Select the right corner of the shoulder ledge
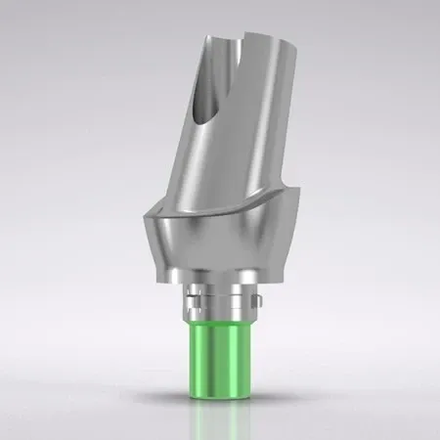pyautogui.click(x=293, y=207)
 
